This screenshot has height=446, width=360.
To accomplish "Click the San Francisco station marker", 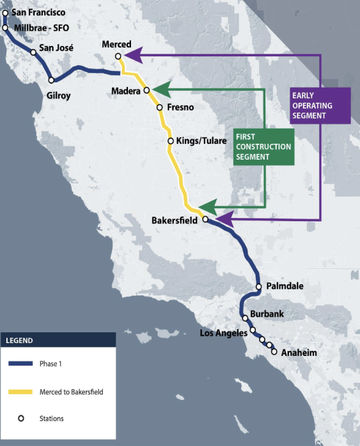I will click(x=5, y=13).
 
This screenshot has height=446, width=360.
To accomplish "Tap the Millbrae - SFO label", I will click(x=38, y=27).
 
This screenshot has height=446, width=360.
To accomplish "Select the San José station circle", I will click(x=33, y=52).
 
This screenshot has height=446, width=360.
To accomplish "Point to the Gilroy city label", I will click(x=58, y=95).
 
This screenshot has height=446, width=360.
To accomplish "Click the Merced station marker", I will click(x=118, y=56).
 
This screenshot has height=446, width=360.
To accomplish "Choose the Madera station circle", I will click(x=146, y=91).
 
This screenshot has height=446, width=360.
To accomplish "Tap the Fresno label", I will click(x=180, y=107).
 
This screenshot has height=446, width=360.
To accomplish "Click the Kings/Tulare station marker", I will click(x=170, y=141).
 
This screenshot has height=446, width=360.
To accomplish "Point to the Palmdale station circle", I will click(x=258, y=287).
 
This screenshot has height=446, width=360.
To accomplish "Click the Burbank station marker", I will click(x=246, y=318).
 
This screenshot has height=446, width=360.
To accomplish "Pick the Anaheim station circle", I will click(x=274, y=351).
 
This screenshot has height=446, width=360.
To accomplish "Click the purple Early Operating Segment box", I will click(x=318, y=105).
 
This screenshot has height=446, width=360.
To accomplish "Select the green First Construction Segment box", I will click(x=263, y=146).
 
